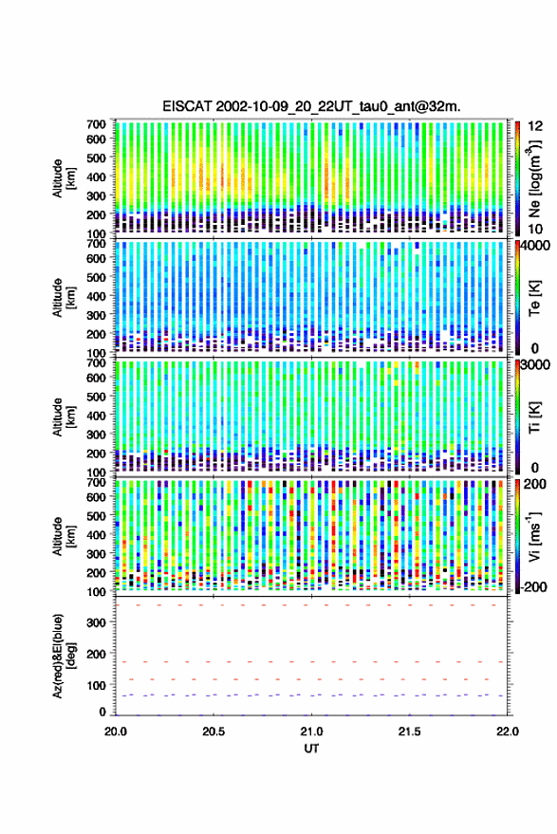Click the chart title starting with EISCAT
(311, 106)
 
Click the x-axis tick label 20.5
(214, 732)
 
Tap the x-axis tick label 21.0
(311, 732)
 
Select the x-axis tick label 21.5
(409, 732)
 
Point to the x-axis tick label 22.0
(507, 732)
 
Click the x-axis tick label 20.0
(116, 732)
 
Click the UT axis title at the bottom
(311, 749)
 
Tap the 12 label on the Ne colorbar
(535, 126)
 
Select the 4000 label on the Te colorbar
(534, 246)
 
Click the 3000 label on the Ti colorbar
(534, 365)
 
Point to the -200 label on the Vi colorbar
(532, 586)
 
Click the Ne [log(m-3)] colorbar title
(533, 177)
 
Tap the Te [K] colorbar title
(534, 298)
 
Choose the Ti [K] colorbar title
(534, 417)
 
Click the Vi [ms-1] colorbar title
(533, 536)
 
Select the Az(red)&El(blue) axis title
(64, 656)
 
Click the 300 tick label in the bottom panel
(96, 622)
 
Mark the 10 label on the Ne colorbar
(535, 230)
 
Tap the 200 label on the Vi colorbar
(534, 484)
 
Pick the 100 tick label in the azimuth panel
(96, 686)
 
